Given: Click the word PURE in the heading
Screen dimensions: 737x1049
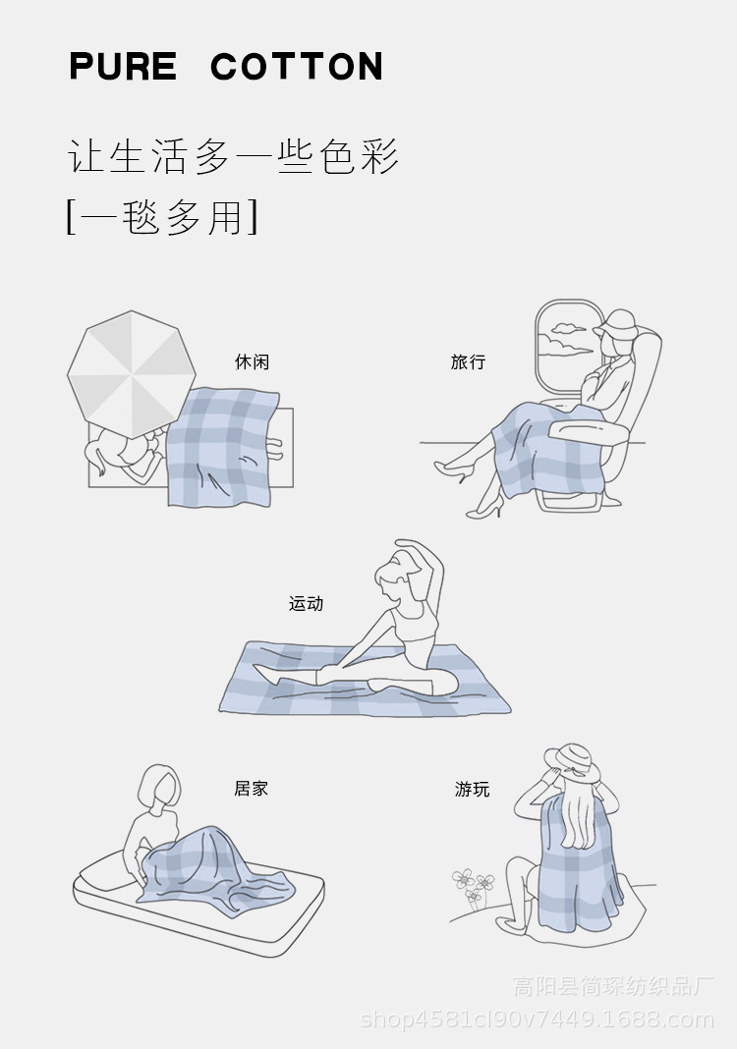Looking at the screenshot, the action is point(123,66).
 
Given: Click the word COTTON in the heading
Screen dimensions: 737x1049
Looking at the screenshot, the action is point(297,66).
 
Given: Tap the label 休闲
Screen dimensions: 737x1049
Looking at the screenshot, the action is point(252,361).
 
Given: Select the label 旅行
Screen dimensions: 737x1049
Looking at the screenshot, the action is point(468,361).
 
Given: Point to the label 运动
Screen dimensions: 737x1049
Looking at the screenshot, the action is point(306,603).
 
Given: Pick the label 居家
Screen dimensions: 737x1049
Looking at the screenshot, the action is point(251,789).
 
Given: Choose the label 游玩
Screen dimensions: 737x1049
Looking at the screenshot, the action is point(473,790).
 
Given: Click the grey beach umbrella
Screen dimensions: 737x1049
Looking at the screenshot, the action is point(132,374).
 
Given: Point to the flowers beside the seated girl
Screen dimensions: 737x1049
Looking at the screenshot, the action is point(474,886).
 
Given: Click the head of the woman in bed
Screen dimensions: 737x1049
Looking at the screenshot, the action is point(159,788).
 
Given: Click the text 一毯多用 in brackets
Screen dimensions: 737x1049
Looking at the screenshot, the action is point(163,216).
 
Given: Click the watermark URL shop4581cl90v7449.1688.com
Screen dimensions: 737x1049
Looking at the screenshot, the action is point(537,1020).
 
